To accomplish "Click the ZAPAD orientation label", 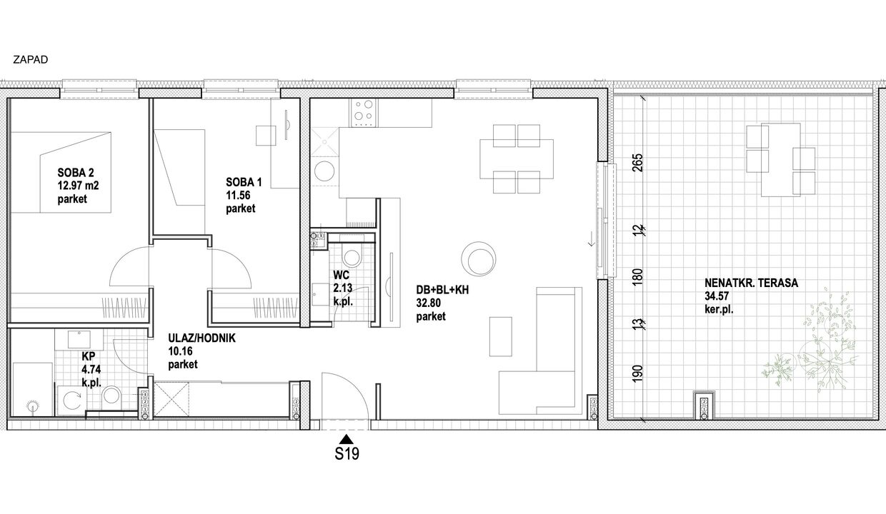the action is point(31,60).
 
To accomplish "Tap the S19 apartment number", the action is point(347,453).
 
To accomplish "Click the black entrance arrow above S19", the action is point(347,439).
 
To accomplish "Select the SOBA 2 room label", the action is point(76,173).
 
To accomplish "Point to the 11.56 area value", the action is point(238,195).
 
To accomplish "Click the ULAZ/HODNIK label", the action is point(201,338).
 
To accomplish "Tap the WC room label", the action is point(341,275).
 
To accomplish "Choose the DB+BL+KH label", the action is point(442,290).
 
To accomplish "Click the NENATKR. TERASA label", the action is point(751,283).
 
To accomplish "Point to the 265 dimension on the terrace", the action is point(638,163).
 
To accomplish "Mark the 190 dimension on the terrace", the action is point(637,373).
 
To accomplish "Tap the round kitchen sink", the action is point(324,171).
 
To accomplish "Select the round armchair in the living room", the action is point(479,259).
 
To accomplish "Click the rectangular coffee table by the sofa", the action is point(501,337).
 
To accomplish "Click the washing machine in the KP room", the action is point(71,400).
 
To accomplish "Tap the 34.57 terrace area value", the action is point(717,296).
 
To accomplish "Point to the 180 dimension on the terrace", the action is point(637,278).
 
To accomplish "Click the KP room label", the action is point(88,356).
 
